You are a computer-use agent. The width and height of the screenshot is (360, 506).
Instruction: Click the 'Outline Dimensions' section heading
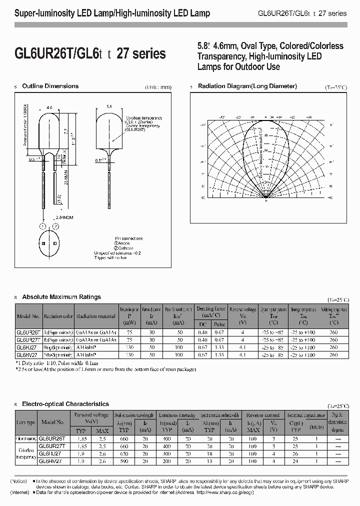(50, 86)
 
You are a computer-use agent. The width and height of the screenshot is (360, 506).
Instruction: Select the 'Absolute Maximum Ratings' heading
(61, 297)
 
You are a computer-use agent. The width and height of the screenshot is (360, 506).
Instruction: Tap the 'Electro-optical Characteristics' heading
(65, 403)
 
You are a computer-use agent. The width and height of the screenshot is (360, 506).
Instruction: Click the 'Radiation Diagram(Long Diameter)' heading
(247, 86)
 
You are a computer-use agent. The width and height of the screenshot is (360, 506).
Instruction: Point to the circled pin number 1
(42, 226)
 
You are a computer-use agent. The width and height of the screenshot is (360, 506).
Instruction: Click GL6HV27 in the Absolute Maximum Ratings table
(27, 354)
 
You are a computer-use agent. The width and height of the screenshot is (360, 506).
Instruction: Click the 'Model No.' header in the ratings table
(28, 316)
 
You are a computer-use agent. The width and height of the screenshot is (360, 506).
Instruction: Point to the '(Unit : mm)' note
(158, 87)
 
